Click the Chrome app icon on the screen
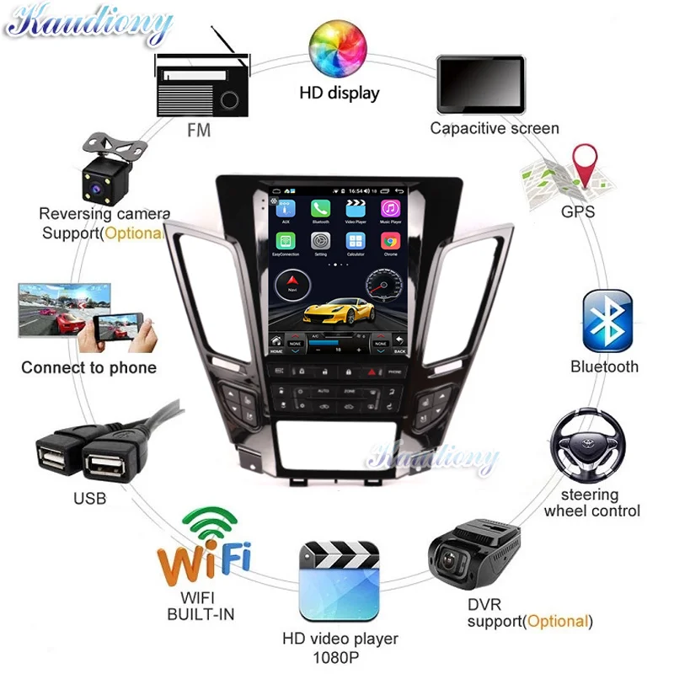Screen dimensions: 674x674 coord(390,241)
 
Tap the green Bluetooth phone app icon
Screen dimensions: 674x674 coord(320,209)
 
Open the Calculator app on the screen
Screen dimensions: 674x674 coord(355,241)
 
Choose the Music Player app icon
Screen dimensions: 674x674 coord(390,209)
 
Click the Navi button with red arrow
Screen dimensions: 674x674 coord(292,283)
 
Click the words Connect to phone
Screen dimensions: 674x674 coord(88,367)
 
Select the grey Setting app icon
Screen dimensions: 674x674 coord(320,241)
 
